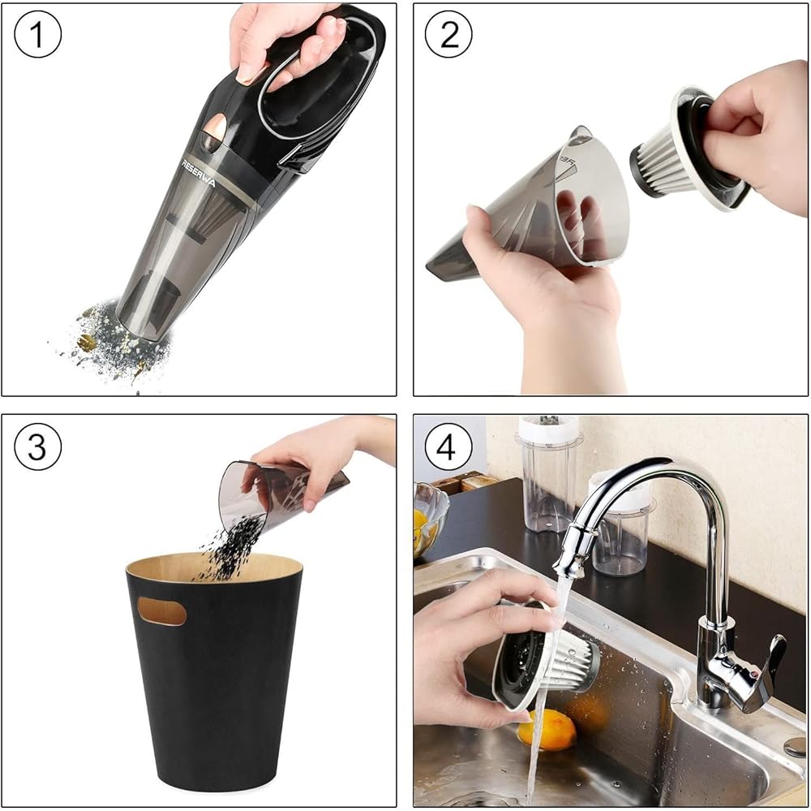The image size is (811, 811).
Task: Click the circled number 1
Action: [38, 34]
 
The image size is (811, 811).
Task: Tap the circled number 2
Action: [448, 34]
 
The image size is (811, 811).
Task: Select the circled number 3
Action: [38, 447]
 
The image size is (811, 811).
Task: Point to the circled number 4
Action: [448, 447]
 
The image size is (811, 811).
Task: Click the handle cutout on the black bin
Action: [162, 611]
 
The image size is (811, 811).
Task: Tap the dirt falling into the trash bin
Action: [230, 547]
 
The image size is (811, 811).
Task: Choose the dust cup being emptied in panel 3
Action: [282, 492]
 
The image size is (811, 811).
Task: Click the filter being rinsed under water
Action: [546, 656]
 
